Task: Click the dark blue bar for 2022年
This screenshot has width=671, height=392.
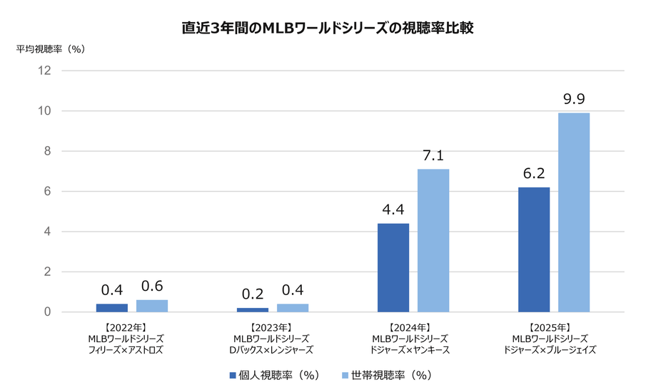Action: point(112,308)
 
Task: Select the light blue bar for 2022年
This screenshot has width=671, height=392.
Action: point(152,306)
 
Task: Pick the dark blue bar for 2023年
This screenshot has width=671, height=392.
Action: point(253,310)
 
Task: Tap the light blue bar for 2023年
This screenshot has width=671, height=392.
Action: point(293,308)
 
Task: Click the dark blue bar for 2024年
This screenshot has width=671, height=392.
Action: point(393,268)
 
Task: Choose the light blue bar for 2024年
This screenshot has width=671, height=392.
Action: point(433,241)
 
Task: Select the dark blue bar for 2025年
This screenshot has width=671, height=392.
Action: point(534,249)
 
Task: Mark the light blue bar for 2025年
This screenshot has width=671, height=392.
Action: point(574,212)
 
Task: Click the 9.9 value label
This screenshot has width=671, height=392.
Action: point(574,99)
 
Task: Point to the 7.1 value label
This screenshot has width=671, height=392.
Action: point(433,155)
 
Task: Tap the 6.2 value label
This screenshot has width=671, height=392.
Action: point(534,173)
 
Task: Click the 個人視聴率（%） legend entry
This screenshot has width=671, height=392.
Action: point(273,375)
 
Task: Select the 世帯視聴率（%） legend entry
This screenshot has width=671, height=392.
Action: point(386,375)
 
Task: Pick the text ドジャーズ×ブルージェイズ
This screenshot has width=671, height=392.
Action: point(550,350)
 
